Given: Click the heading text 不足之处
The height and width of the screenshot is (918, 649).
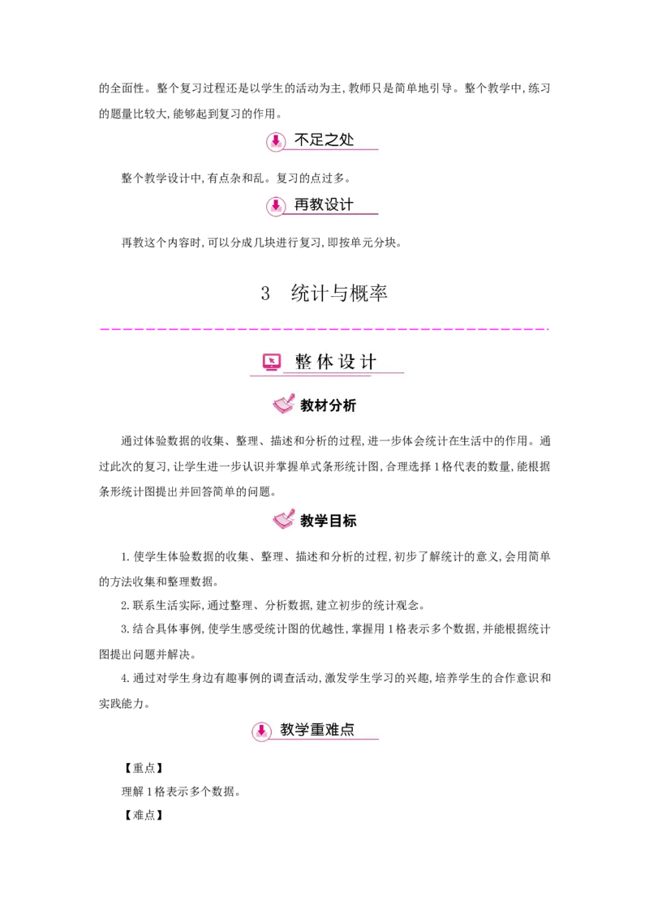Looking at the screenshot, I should (x=324, y=139).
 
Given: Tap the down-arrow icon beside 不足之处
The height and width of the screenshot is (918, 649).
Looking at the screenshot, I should (x=276, y=141).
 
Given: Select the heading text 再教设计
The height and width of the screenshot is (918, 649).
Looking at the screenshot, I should (x=324, y=204).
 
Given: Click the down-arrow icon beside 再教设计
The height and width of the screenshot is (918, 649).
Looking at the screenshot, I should (x=276, y=206).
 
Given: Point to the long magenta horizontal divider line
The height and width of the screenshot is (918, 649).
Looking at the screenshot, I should (x=324, y=328).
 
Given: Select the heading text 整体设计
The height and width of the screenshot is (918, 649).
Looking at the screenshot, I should (x=336, y=362).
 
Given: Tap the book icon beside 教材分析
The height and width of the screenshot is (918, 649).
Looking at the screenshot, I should (x=283, y=404).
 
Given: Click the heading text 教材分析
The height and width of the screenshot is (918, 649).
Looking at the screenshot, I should (x=328, y=405).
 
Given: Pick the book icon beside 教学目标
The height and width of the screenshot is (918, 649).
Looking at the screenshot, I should (x=283, y=519).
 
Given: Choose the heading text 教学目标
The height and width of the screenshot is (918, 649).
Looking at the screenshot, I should (x=328, y=521).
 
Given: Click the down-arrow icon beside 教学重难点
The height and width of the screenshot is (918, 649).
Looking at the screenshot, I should (x=261, y=731).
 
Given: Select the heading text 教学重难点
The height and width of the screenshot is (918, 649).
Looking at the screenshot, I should (x=317, y=730).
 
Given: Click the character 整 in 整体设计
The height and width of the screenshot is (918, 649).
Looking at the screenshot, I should (x=303, y=362).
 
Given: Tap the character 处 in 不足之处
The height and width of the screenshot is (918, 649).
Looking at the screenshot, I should (x=346, y=139).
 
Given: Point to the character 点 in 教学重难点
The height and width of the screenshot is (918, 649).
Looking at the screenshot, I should (x=347, y=730).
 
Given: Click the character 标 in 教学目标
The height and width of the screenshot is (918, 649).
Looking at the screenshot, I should (x=349, y=521).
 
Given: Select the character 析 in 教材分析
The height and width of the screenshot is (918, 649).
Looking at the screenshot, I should (x=349, y=405).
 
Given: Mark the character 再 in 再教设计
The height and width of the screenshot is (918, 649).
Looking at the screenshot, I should (x=302, y=204).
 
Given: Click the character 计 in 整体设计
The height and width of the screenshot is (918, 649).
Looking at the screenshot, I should (x=369, y=362).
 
